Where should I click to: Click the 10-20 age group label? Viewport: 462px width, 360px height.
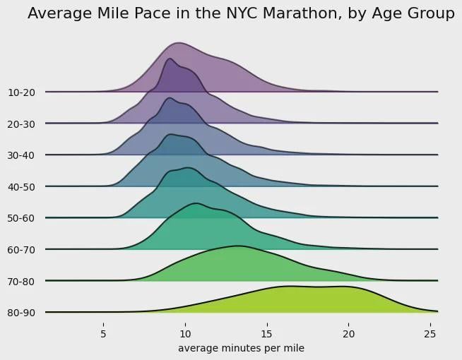click(x=22, y=92)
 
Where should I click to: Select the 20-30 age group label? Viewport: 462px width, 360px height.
click(x=22, y=124)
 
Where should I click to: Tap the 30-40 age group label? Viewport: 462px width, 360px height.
click(x=22, y=155)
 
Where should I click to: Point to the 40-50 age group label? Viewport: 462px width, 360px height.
click(x=22, y=186)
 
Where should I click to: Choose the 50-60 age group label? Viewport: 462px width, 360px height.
click(x=22, y=217)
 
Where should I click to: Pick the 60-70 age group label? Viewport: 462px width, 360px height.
click(x=22, y=249)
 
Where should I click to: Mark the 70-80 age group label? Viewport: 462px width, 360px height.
click(x=22, y=281)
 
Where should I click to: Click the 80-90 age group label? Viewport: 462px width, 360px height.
click(x=22, y=312)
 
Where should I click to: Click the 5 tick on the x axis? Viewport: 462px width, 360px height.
click(x=103, y=332)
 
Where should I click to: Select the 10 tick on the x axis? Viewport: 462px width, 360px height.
click(x=185, y=332)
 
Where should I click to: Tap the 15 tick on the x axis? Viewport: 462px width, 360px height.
click(x=266, y=332)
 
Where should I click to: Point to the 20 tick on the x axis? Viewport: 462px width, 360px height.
click(x=348, y=332)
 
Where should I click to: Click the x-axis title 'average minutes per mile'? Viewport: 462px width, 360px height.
click(x=241, y=348)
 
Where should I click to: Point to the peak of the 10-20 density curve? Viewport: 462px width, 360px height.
click(x=179, y=43)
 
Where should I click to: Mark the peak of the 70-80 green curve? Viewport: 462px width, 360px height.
click(x=237, y=246)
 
